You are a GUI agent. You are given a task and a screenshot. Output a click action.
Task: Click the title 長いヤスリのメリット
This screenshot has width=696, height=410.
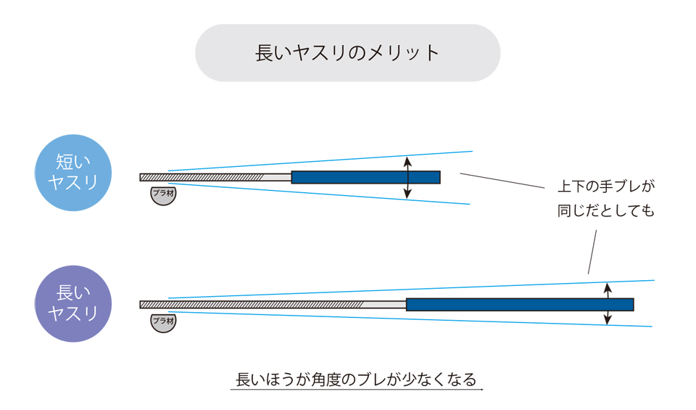coord(347,53)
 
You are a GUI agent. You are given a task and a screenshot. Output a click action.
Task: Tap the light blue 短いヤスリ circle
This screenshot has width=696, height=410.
coord(73,173)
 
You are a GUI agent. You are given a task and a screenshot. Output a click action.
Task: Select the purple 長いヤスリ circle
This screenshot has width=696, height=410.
coord(73,303)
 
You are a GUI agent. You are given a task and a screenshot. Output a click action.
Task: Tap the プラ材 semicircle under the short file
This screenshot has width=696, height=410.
coord(163,194)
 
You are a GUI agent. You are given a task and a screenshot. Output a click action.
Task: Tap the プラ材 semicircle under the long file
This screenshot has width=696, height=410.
coord(163,321)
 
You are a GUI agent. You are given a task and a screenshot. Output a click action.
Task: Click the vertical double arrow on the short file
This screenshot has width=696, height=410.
coord(407,177)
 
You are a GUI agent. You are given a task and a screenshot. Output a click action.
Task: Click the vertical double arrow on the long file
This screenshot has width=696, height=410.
coord(608,304)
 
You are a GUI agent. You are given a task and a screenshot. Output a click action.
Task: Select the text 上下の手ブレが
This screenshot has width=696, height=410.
coord(605,186)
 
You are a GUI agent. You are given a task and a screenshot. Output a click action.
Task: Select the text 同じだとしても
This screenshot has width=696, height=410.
coord(605,211)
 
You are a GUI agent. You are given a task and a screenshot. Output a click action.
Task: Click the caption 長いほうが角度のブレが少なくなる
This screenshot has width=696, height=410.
coord(356,380)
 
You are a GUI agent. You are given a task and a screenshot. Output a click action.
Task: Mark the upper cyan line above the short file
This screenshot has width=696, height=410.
coord(319,161)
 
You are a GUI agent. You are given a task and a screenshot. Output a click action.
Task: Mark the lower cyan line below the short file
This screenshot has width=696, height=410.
coord(319,194)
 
